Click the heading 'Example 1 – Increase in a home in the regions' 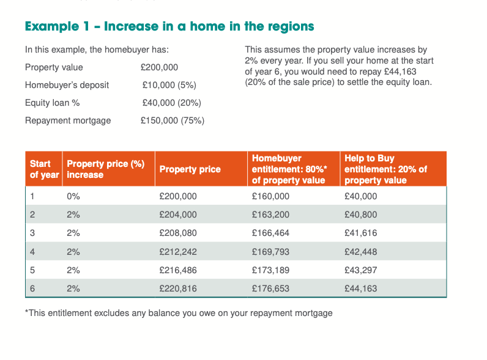coord(169,26)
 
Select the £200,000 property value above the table coord(160,67)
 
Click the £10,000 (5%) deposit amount coord(169,85)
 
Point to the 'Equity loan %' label coord(53,103)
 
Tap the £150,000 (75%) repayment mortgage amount coord(173,120)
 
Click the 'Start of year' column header coord(44,169)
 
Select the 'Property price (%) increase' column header coord(105,169)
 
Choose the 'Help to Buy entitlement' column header coord(385,169)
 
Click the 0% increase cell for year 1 coord(73,196)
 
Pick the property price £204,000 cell coord(178,215)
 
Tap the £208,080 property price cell coord(178,233)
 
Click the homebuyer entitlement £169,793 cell coord(270,252)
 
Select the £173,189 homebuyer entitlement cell coord(270,270)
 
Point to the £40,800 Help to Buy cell coord(361,215)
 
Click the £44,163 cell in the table coord(361,288)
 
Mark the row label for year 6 coord(33,288)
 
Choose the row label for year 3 coord(33,233)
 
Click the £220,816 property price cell coord(178,288)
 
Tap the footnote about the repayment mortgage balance coord(179,313)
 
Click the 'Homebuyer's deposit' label coord(67,85)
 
